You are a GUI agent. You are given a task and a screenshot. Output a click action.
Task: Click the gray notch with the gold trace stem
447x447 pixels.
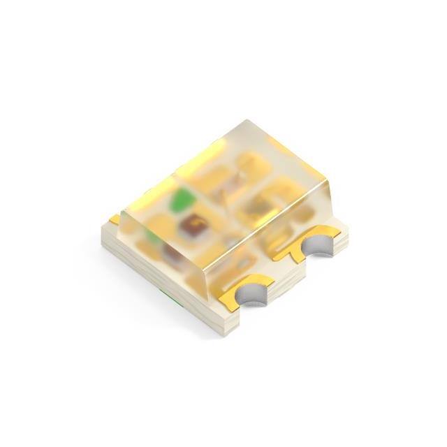(x=318, y=247)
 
